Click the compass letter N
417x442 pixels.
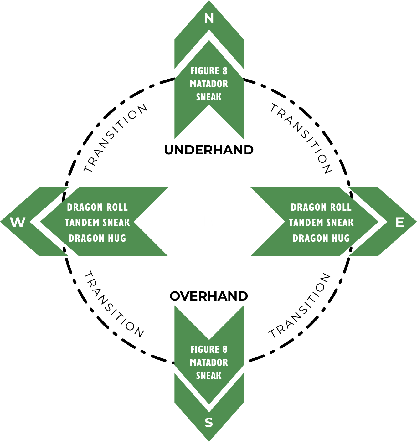[x=209, y=18]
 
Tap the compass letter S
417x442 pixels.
[x=209, y=423]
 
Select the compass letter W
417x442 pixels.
[x=18, y=223]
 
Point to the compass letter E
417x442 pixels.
[x=400, y=223]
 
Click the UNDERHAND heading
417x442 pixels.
[x=209, y=150]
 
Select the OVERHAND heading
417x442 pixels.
[x=209, y=296]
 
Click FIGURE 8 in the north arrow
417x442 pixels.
[x=209, y=71]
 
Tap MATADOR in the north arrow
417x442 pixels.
[x=209, y=84]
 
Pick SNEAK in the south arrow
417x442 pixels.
[x=209, y=375]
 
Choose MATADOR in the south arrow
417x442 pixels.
[x=209, y=362]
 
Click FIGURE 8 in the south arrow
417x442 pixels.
[x=209, y=349]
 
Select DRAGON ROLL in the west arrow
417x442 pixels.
[x=97, y=207]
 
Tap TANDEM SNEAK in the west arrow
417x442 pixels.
[x=97, y=223]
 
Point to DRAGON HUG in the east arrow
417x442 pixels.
[x=321, y=238]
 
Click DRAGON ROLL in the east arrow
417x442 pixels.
[x=321, y=207]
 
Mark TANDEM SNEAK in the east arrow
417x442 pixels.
[x=321, y=223]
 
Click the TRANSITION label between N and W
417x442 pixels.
[x=115, y=138]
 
